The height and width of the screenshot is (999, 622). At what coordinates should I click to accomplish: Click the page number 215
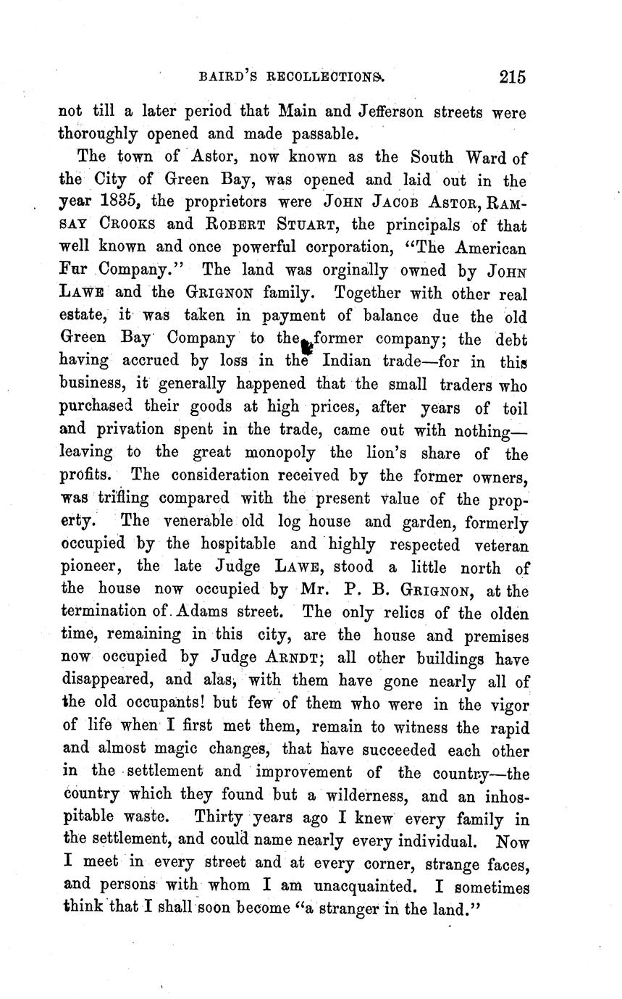(511, 77)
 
